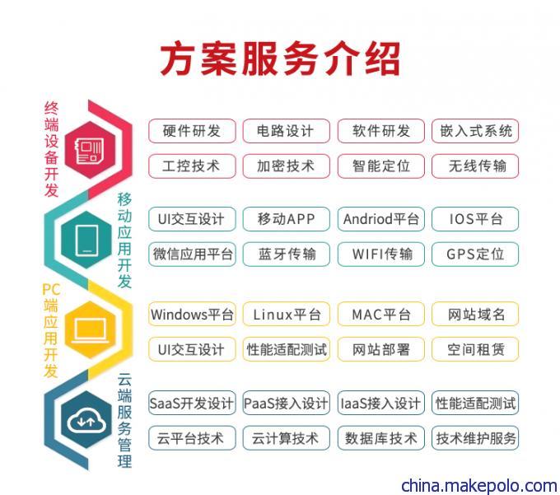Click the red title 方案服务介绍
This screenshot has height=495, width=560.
pyautogui.click(x=280, y=59)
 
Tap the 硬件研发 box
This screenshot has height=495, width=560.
pyautogui.click(x=192, y=131)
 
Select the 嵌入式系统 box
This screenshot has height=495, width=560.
pyautogui.click(x=475, y=131)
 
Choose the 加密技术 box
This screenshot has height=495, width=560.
pyautogui.click(x=286, y=166)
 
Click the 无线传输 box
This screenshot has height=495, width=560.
pyautogui.click(x=475, y=166)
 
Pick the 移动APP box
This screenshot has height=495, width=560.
pyautogui.click(x=286, y=219)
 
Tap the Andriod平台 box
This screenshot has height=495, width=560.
pyautogui.click(x=381, y=219)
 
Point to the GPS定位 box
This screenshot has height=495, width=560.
pyautogui.click(x=475, y=255)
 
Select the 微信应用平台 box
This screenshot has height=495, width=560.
pyautogui.click(x=192, y=255)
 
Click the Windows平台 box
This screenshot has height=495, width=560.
pyautogui.click(x=192, y=314)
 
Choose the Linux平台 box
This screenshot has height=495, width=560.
pyautogui.click(x=286, y=314)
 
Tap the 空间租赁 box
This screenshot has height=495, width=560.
pyautogui.click(x=475, y=349)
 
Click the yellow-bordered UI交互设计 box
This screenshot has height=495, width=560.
pyautogui.click(x=192, y=349)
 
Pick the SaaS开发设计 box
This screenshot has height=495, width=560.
pyautogui.click(x=192, y=403)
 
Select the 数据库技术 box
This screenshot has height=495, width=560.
pyautogui.click(x=381, y=438)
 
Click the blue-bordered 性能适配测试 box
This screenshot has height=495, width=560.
pyautogui.click(x=475, y=403)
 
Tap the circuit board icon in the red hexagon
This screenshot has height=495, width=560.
pyautogui.click(x=89, y=150)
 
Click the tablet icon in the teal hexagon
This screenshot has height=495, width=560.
pyautogui.click(x=87, y=240)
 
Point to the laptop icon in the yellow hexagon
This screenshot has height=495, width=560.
pyautogui.click(x=90, y=329)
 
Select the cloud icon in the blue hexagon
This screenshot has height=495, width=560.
pyautogui.click(x=86, y=420)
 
